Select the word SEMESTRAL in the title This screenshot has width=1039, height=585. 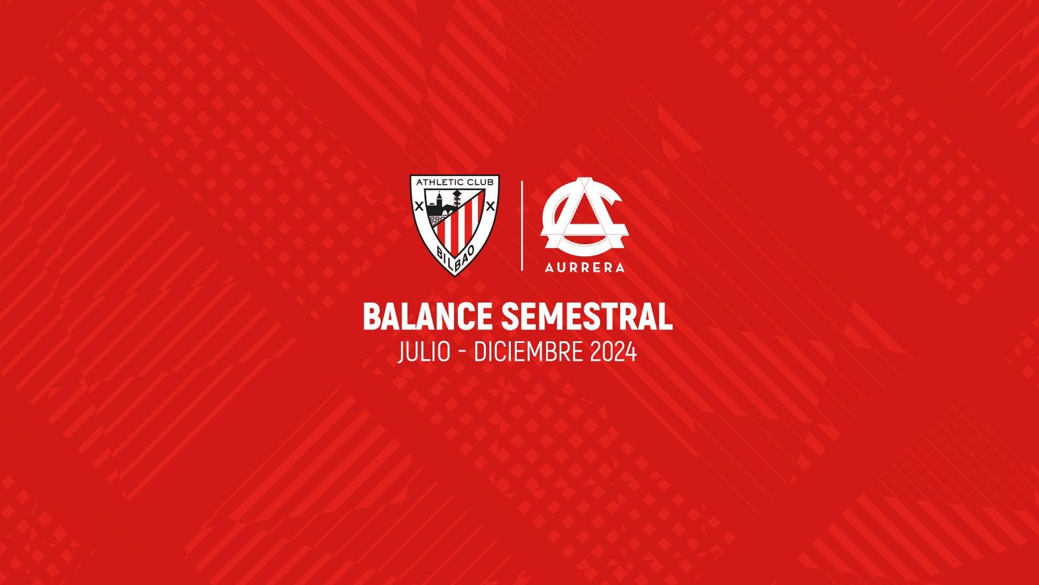(586, 317)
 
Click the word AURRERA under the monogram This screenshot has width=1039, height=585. (584, 267)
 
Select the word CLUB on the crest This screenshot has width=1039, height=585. (481, 183)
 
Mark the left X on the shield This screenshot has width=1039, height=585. (419, 207)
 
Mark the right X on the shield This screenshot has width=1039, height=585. (490, 207)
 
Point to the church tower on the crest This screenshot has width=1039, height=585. (438, 198)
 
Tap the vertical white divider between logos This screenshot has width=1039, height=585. (522, 226)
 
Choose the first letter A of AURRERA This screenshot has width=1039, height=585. (549, 267)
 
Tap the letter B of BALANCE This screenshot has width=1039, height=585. (371, 317)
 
